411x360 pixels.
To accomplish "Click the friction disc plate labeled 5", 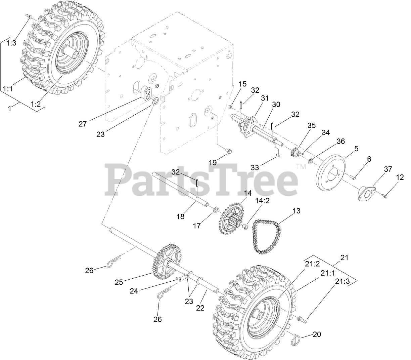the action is [x=331, y=172].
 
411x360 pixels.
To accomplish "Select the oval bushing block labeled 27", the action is [x=146, y=93].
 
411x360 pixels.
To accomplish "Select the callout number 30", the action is [x=276, y=105].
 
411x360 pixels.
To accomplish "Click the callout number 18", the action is [x=180, y=216].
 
